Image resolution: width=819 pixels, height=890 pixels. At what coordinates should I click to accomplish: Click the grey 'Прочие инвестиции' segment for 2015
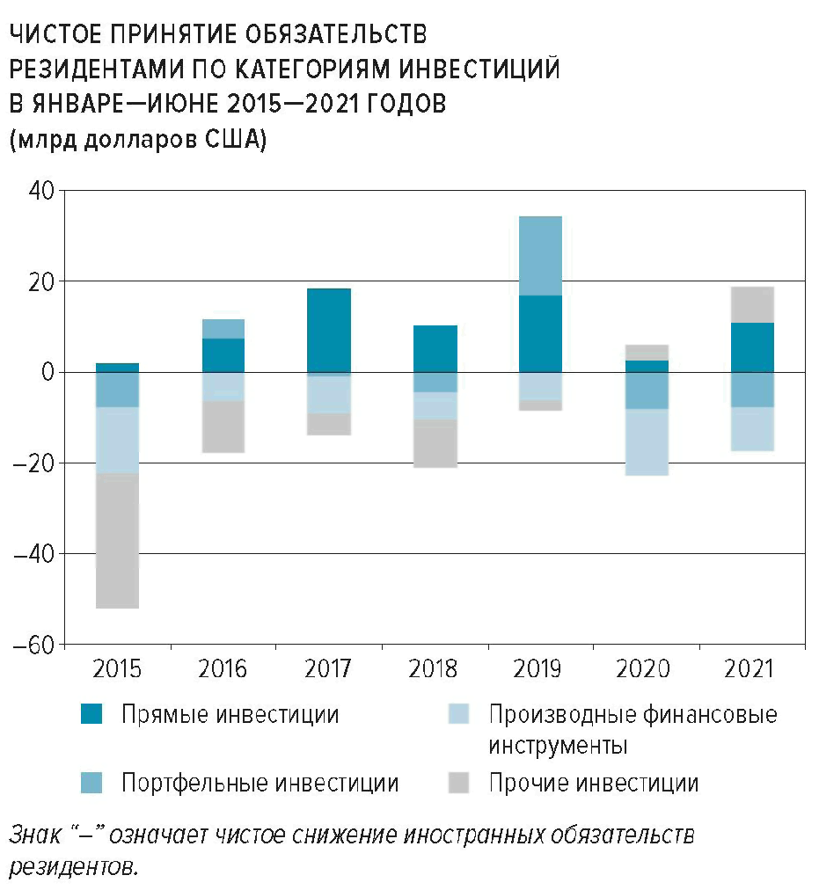117,541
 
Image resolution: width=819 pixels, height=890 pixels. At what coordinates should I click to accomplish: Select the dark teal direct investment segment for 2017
329,331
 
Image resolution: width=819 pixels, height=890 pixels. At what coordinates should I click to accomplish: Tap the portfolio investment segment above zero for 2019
540,255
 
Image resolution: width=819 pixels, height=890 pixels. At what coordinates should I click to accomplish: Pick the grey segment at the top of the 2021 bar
752,304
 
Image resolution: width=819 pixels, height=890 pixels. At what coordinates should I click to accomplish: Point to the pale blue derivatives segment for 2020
647,442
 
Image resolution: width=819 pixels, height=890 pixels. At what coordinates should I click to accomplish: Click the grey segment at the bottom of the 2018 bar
435,443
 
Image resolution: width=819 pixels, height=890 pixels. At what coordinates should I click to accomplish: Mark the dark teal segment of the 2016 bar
223,355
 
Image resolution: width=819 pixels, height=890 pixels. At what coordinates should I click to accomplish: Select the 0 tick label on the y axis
45,372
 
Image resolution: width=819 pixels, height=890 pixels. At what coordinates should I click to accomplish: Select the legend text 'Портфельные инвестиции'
260,783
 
